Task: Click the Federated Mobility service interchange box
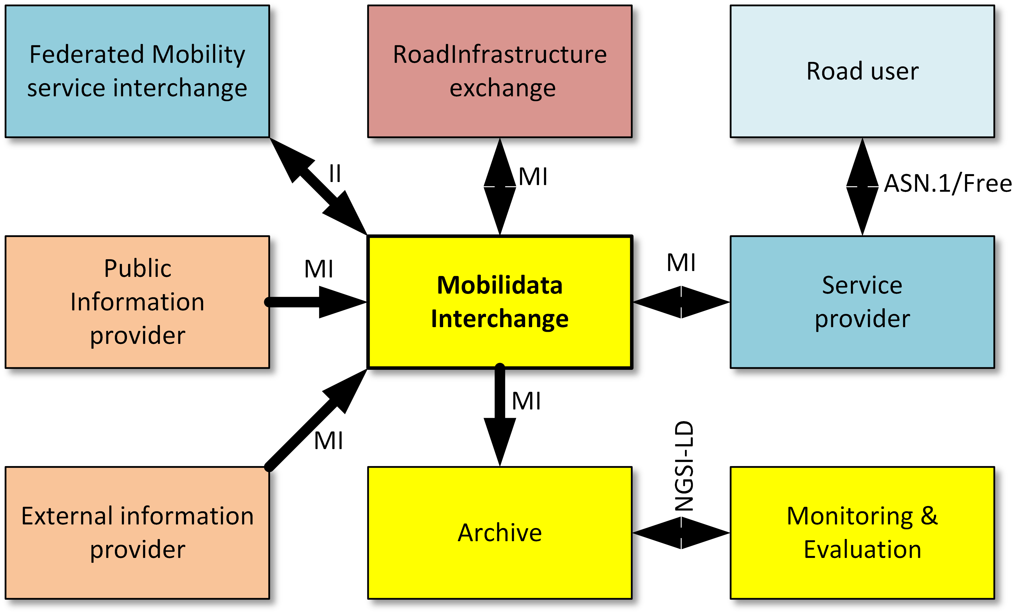click(x=137, y=71)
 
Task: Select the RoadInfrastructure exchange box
click(x=500, y=71)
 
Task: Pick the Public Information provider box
click(x=137, y=302)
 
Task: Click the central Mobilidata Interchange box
click(x=500, y=302)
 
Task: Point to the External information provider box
click(x=137, y=533)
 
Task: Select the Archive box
click(x=500, y=533)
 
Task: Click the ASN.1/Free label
click(x=947, y=183)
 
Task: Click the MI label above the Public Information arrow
click(x=319, y=269)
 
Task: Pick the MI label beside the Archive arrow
click(x=526, y=401)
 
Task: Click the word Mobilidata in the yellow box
click(x=500, y=286)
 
